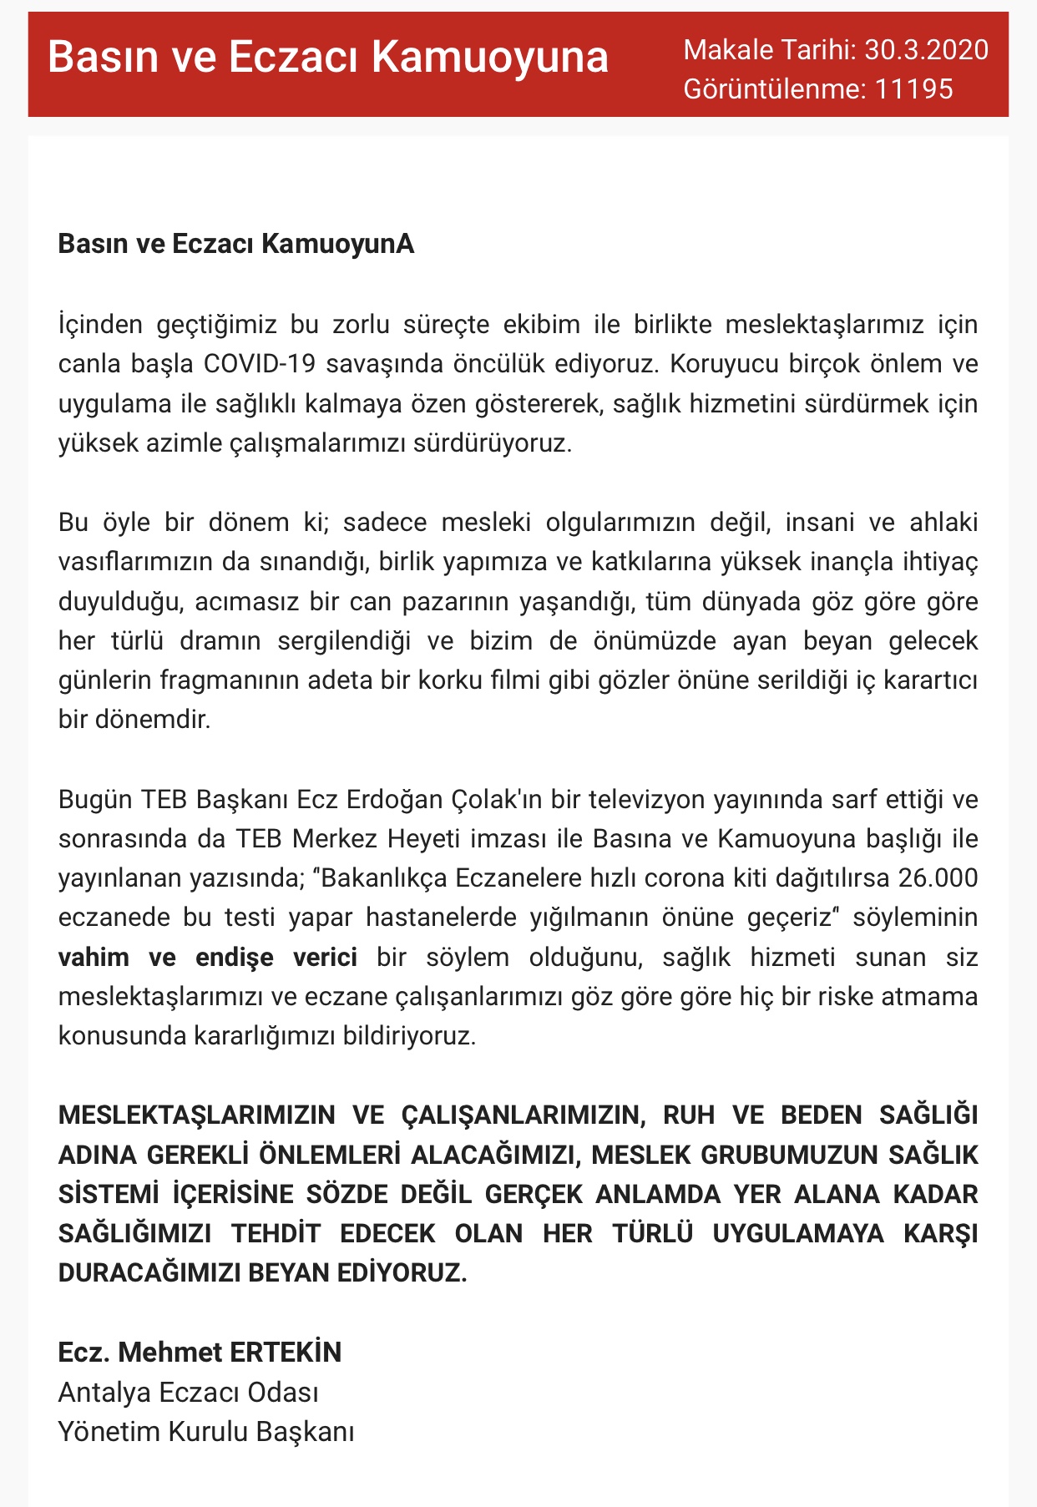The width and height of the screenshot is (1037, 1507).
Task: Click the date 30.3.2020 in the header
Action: point(926,50)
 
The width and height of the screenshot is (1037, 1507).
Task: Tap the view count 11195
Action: point(913,88)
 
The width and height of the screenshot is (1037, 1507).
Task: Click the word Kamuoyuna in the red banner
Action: point(490,58)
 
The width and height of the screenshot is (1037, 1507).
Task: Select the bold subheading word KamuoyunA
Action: point(338,244)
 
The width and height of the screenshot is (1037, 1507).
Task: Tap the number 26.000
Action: point(938,878)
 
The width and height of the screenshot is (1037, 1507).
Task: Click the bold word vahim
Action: point(94,957)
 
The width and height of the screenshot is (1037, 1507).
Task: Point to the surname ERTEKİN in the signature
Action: point(286,1353)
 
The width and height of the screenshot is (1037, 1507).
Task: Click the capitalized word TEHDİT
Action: point(276,1234)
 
